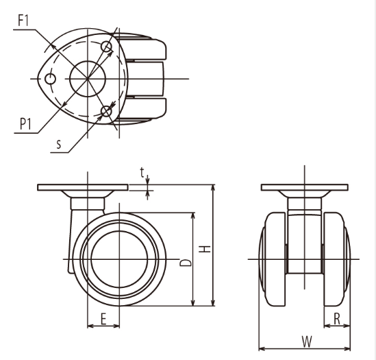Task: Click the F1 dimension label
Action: (x=23, y=21)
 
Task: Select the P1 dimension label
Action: (x=25, y=124)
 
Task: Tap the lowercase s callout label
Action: (x=59, y=144)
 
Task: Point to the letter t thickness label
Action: (x=142, y=172)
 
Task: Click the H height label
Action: (x=205, y=249)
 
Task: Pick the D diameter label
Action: (x=186, y=263)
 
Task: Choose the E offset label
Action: (x=103, y=319)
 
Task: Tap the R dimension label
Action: (x=337, y=319)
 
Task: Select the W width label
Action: (x=307, y=341)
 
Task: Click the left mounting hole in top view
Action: (x=51, y=79)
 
